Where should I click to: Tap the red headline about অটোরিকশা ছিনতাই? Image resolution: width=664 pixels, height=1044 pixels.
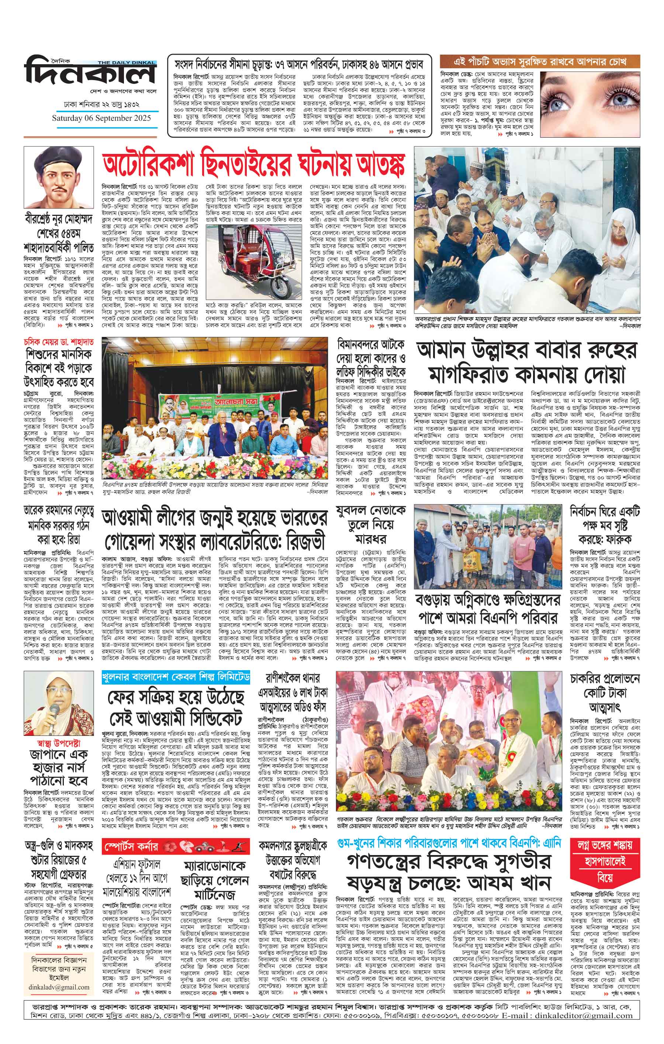(253, 164)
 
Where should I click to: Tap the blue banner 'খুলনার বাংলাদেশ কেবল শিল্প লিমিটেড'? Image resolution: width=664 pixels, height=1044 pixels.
(176, 677)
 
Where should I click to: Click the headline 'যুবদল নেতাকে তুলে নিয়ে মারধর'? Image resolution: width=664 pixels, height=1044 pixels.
(371, 525)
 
